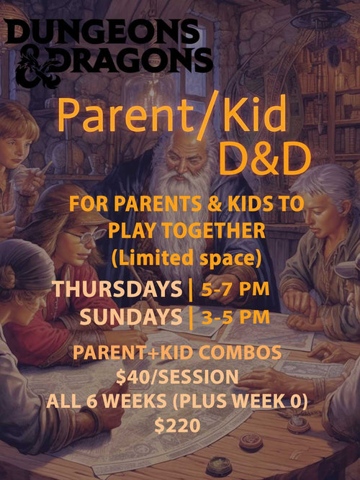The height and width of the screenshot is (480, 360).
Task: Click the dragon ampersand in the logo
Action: (28, 61)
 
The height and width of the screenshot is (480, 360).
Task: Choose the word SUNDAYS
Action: (130, 316)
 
